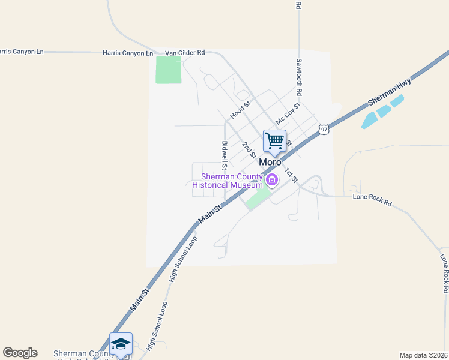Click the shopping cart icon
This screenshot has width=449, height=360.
274,141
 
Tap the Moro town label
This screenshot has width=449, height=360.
270,163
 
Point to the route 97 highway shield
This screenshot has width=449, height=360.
324,129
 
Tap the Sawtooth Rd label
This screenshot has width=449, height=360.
298,77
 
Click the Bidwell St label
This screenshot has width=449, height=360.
224,154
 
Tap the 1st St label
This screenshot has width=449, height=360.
291,175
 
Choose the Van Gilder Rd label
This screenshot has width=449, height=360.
185,53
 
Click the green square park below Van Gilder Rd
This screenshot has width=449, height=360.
168,70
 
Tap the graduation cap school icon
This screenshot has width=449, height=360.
121,343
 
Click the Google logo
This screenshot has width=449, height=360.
20,353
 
